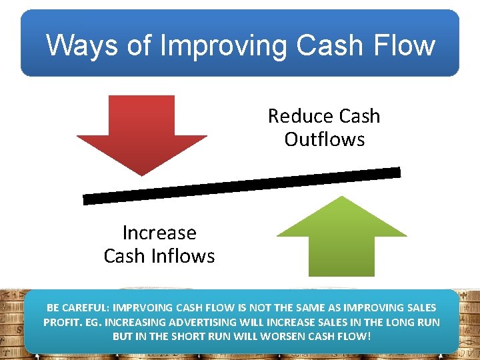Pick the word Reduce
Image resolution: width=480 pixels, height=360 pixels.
click(x=296, y=116)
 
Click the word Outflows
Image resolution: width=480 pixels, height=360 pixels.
click(x=324, y=139)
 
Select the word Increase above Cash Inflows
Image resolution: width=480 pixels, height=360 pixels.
click(x=159, y=233)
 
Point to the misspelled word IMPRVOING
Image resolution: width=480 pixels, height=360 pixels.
click(x=144, y=308)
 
